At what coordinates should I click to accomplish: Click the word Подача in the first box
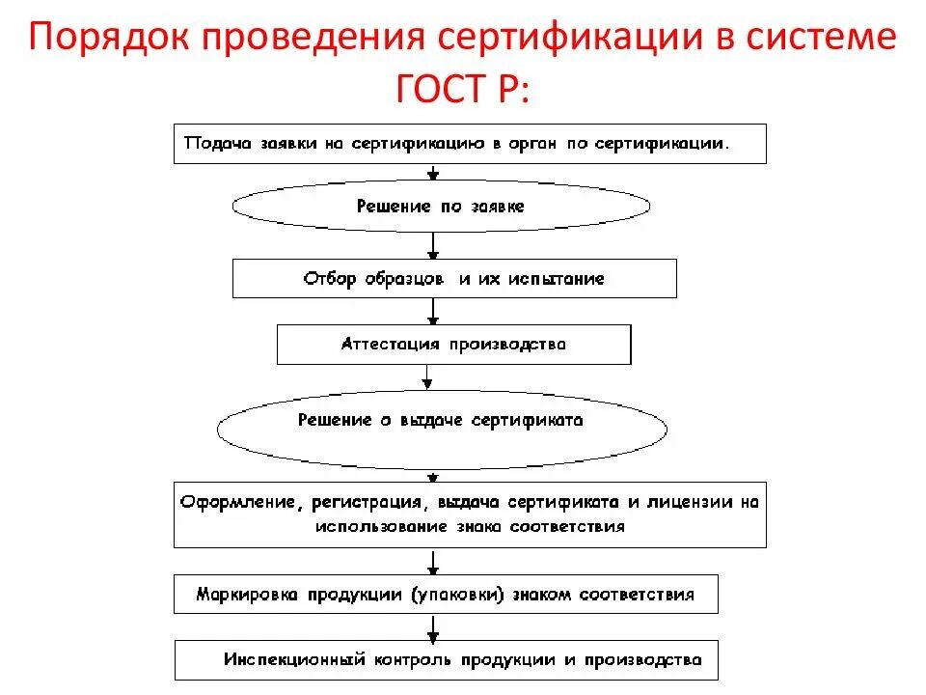click(x=217, y=143)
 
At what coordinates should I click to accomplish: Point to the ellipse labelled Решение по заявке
click(x=441, y=206)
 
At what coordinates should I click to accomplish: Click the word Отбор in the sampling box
click(x=330, y=279)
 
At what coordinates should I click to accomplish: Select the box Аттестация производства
click(x=453, y=344)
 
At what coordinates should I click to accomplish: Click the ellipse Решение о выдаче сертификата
click(x=441, y=421)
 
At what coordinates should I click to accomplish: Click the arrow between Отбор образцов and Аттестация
click(x=434, y=311)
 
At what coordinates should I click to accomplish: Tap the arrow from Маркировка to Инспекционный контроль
click(x=434, y=627)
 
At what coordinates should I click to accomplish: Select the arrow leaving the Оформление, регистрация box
click(x=434, y=562)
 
